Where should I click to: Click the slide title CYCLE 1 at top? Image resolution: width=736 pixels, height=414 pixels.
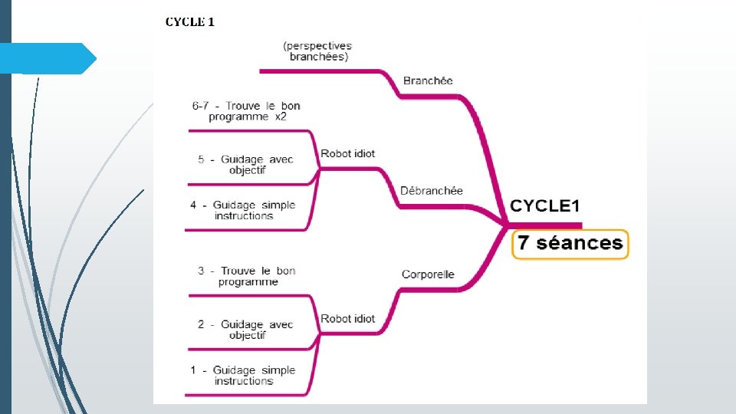tap(190, 21)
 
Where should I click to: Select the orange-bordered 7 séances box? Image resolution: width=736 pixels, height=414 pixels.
tap(570, 244)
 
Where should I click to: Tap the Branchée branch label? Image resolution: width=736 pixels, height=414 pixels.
tap(428, 80)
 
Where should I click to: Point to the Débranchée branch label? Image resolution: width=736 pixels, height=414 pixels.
tap(432, 190)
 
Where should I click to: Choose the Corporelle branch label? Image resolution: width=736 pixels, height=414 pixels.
tap(428, 274)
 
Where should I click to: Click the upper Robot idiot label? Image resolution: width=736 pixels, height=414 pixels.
tap(348, 153)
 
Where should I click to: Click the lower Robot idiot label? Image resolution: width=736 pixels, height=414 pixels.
tap(348, 318)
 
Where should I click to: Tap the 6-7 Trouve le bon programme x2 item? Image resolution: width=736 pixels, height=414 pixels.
tap(246, 111)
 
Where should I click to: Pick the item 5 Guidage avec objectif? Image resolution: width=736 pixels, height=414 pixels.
tap(246, 164)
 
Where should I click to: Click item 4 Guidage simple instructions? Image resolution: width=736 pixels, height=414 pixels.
tap(243, 210)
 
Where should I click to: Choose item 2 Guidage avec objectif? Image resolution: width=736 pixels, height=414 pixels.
tap(246, 330)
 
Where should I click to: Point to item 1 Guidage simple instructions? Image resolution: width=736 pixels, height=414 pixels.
tap(243, 375)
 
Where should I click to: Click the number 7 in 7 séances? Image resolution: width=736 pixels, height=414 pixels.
tap(524, 244)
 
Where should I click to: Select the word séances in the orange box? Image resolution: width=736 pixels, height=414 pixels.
tap(580, 244)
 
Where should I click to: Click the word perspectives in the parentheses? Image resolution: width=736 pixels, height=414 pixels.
tap(317, 46)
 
